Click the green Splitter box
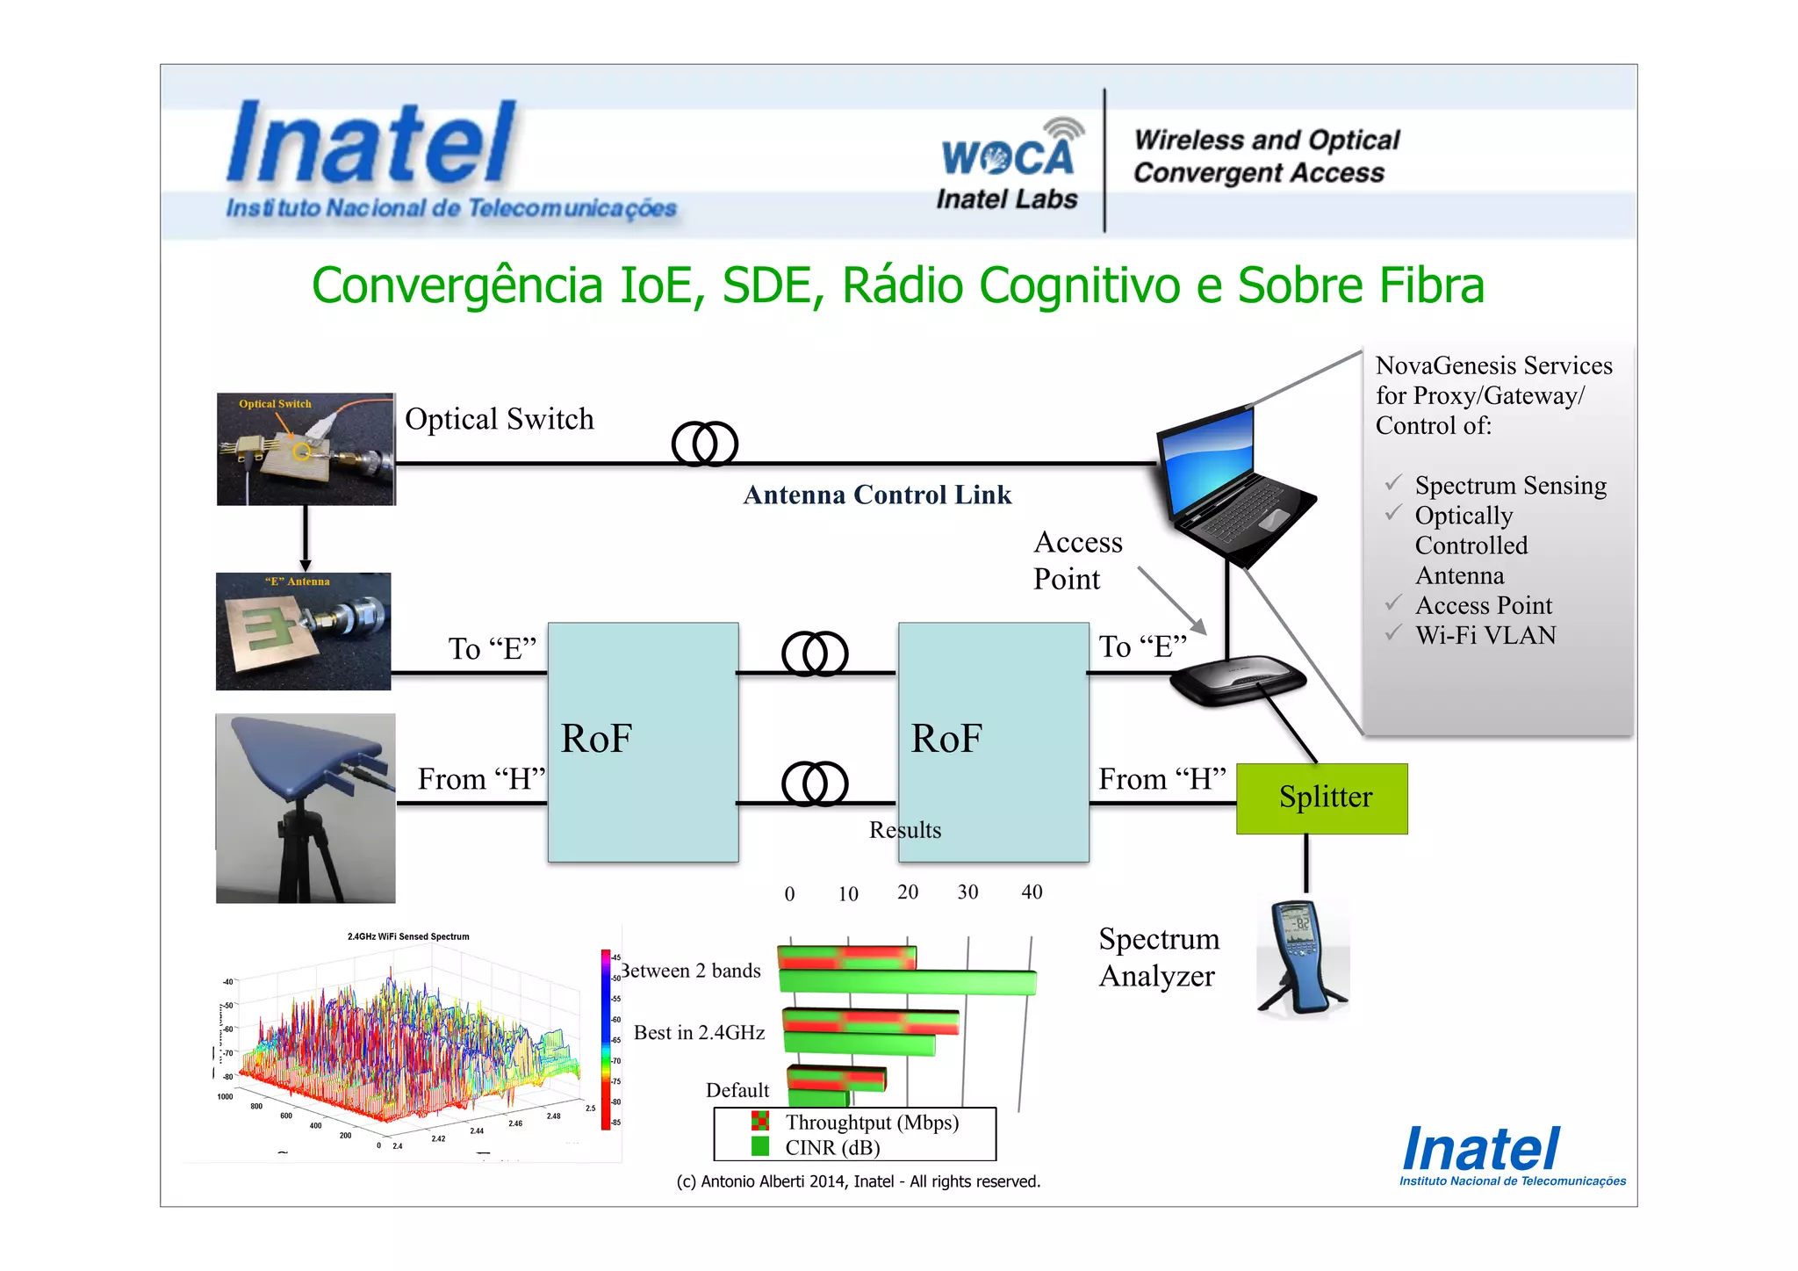1321,798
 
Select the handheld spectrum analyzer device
1301,957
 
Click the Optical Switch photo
306,449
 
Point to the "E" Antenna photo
303,632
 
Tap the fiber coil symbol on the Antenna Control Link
704,444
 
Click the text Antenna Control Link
877,495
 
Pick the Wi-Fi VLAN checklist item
1485,635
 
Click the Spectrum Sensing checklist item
1510,485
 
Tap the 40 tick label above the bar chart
1032,892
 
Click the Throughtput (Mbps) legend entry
871,1122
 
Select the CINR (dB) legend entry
831,1147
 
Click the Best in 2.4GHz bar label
699,1032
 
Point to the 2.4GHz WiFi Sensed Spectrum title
408,936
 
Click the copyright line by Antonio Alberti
858,1181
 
